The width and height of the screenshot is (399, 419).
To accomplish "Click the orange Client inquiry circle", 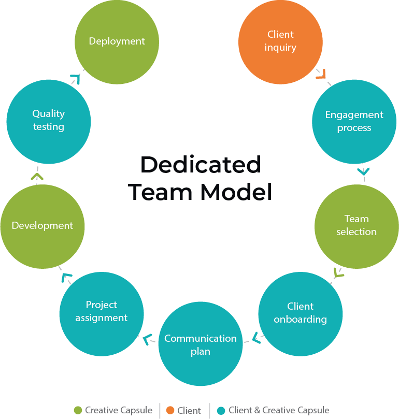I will pos(280,42).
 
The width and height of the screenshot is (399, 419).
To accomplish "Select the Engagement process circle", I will pos(354,121).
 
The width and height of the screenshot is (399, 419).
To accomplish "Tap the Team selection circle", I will pos(357,225).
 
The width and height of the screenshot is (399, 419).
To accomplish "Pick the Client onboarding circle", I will pos(300,313).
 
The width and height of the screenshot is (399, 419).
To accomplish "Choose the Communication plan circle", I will pos(201,344).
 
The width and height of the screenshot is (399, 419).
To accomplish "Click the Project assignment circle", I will pos(102,311).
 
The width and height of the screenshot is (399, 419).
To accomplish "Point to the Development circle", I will pos(42,226).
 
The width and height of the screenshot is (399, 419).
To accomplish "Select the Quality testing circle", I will pos(49,120).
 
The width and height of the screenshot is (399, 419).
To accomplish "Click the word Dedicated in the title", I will pos(201,165).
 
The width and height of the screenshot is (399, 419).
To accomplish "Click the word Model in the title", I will pos(236,192).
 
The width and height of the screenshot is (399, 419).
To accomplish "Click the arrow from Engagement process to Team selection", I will pos(363,171).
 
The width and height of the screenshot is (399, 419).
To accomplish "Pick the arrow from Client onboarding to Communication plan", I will pos(255,338).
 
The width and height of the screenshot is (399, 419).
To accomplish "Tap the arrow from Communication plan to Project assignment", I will pos(149,339).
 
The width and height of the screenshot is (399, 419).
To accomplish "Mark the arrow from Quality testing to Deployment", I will pos(76,78).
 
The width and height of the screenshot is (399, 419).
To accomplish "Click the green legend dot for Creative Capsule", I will pos(78,411).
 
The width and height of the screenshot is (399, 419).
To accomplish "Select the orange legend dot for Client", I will pos(170,411).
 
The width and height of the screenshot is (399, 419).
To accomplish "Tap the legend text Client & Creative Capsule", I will pos(279,410).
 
